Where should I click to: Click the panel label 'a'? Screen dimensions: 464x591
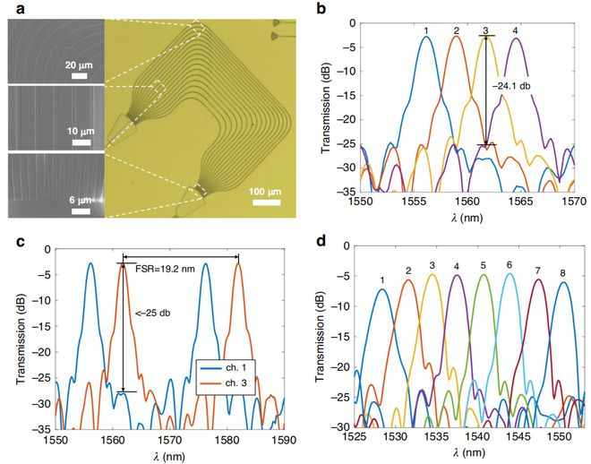coord(13,8)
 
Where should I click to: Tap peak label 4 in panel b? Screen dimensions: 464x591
coord(515,30)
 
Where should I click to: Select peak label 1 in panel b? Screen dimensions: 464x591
coord(427,30)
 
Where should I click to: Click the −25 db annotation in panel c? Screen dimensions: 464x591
coord(149,314)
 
